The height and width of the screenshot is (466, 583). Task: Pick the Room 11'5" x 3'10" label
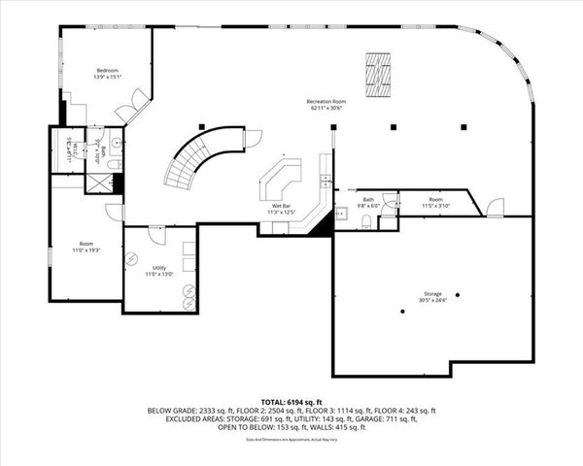[435, 203]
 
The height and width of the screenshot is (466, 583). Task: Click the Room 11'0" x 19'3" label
[86, 247]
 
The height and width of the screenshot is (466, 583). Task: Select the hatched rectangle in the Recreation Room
[377, 76]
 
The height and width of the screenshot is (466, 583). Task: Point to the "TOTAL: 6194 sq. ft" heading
[291, 401]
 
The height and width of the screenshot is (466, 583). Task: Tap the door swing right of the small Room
[495, 206]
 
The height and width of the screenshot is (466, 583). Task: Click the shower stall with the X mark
[99, 181]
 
